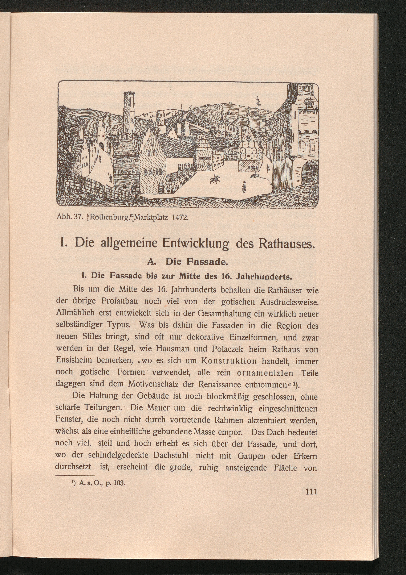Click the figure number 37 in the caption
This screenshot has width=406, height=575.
(78, 217)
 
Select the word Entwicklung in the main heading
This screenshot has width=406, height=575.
(195, 243)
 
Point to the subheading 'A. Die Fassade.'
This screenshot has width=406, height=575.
(187, 262)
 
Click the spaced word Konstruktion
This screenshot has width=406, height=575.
(229, 361)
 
